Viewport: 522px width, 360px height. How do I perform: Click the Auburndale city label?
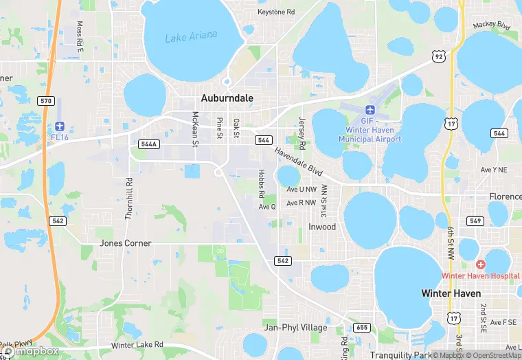point(227,98)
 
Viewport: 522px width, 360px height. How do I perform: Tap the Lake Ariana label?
point(191,36)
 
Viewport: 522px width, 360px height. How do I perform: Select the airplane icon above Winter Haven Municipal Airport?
point(370,111)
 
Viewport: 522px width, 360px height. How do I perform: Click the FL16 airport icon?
point(60,126)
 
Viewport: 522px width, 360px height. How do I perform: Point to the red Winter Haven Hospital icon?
point(481,265)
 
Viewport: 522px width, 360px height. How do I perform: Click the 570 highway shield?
point(46,101)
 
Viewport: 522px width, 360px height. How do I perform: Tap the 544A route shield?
point(148,144)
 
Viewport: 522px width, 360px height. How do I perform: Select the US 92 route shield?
point(438,56)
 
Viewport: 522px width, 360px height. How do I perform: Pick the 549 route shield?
point(474,221)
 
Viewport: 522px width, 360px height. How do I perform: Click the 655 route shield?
point(362,327)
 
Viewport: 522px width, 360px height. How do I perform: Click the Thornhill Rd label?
point(128,199)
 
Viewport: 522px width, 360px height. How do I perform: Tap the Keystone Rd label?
point(275,12)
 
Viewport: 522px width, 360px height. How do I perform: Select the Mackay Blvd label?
point(492,26)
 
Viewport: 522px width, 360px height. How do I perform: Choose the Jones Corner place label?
point(125,243)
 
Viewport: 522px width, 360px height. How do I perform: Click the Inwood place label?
point(322,227)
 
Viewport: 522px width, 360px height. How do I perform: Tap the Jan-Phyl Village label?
point(295,327)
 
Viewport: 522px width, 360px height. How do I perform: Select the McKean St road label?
point(195,129)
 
